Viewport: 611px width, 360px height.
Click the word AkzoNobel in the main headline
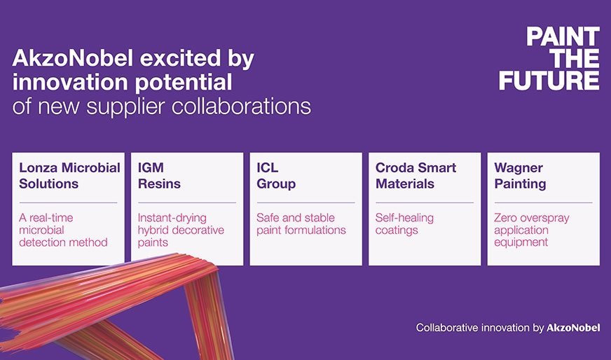pos(73,58)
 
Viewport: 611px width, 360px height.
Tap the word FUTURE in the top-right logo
pos(549,81)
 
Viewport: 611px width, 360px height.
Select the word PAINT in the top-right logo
pos(563,36)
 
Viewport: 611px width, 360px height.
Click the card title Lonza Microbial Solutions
pos(70,176)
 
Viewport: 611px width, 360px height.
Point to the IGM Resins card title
pos(159,176)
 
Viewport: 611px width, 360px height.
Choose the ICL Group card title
pos(276,176)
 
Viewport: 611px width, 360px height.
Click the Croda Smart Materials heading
pos(416,176)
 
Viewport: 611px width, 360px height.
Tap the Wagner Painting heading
pos(520,176)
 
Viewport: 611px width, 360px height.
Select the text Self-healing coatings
pos(404,224)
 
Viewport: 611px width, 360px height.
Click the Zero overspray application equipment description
pos(532,230)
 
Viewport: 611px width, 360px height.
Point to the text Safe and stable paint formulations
pos(301,224)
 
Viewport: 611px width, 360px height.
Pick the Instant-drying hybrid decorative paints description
pos(181,230)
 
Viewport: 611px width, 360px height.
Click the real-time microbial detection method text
pos(63,230)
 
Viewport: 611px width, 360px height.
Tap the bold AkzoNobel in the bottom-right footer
pos(573,328)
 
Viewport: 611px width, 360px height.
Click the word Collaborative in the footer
pos(447,328)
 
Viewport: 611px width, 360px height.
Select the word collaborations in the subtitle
pos(242,106)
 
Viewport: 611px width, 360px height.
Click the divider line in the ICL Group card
pos(306,202)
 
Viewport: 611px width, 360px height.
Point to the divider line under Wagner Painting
pos(543,202)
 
